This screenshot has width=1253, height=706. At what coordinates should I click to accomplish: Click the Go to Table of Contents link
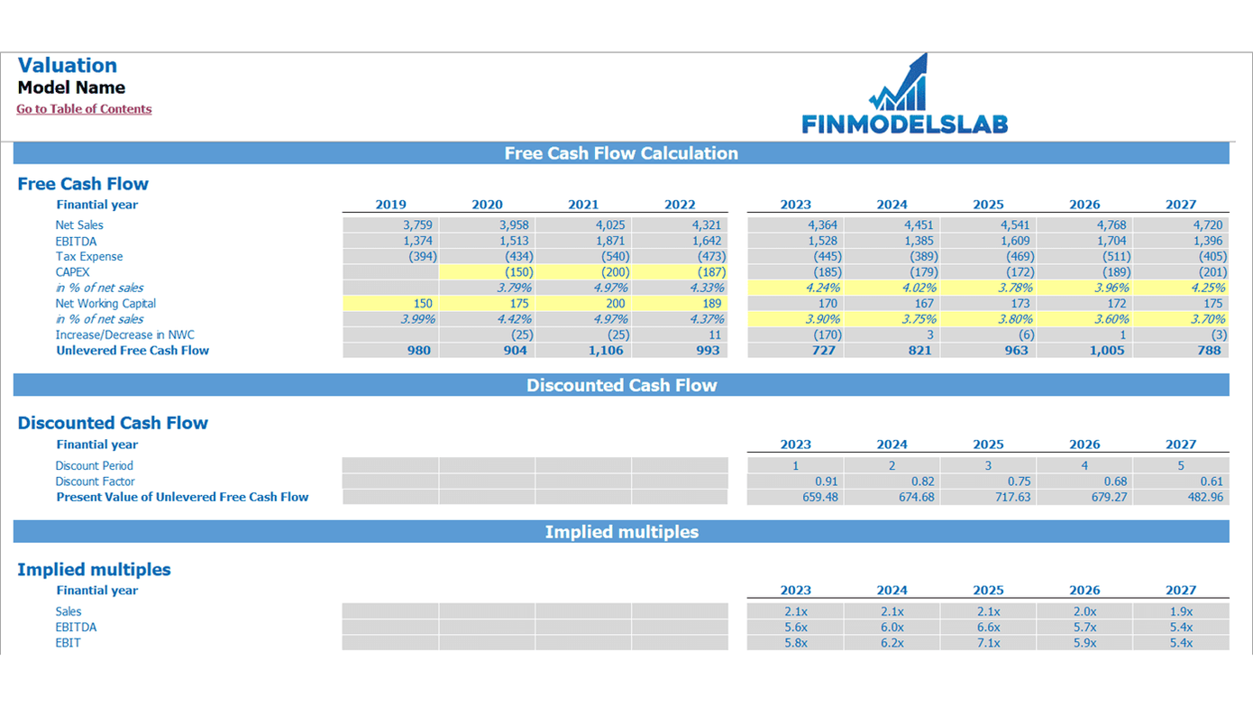(x=84, y=109)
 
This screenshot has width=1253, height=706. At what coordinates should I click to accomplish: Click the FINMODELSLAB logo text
(x=904, y=124)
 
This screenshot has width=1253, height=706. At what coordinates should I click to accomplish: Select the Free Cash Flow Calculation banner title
(x=621, y=153)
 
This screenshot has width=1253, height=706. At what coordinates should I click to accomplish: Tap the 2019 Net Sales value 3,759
(x=417, y=225)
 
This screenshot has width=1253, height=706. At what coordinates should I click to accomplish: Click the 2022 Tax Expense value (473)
(x=707, y=257)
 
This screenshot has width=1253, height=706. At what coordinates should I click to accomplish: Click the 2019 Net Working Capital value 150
(x=422, y=304)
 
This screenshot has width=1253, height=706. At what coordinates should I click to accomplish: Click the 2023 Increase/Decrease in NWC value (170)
(x=823, y=335)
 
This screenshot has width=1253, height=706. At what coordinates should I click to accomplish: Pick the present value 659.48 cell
(x=819, y=497)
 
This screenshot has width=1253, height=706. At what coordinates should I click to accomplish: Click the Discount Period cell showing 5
(x=1181, y=466)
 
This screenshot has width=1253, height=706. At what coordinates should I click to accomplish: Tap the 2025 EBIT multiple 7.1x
(x=988, y=643)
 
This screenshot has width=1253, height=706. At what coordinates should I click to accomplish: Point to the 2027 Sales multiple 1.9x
(x=1181, y=611)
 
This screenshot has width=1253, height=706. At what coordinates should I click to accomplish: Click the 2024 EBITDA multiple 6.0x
(x=892, y=628)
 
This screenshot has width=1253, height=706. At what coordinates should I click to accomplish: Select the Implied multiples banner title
(x=621, y=532)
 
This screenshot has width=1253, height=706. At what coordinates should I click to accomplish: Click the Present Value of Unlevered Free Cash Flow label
(x=182, y=497)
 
